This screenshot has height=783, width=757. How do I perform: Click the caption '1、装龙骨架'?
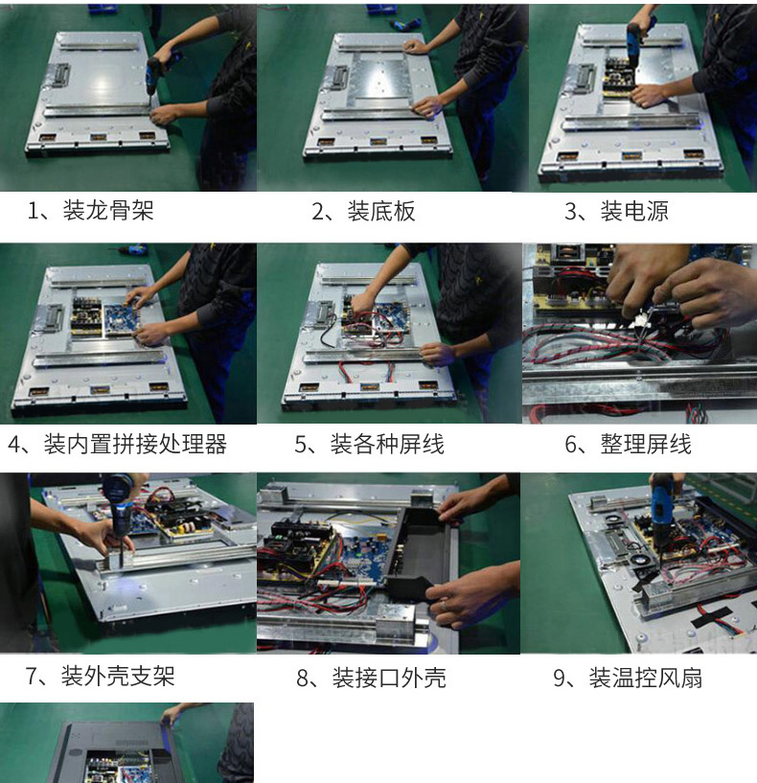90,210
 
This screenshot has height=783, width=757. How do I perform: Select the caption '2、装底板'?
363,211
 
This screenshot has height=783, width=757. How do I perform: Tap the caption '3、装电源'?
616,211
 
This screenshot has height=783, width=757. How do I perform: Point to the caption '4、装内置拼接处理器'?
117,444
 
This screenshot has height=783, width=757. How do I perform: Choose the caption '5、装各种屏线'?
369,444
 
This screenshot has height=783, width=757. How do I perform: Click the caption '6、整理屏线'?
629,444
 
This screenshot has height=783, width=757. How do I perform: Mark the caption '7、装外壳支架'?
100,677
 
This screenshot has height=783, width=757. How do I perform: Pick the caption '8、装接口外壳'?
371,678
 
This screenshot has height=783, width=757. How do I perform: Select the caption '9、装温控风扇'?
628,678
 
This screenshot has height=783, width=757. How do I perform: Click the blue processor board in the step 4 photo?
120,319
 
